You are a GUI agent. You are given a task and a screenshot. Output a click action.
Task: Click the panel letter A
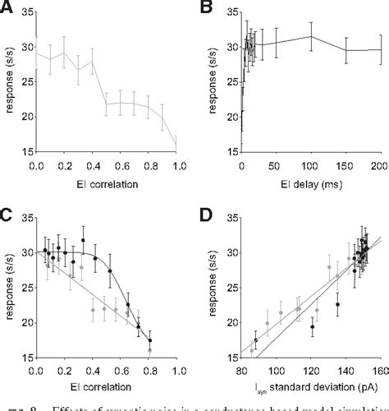[7, 8]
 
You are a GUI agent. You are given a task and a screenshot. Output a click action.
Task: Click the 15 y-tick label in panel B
[231, 152]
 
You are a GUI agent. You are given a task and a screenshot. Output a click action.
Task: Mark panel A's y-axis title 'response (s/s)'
[8, 82]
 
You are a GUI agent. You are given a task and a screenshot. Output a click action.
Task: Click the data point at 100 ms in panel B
[311, 35]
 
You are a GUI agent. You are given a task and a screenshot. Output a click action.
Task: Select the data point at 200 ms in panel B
[380, 49]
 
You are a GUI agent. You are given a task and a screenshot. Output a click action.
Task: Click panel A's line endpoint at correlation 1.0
[177, 145]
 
